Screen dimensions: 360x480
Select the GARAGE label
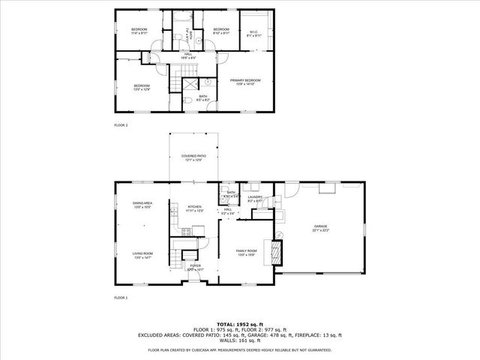pos(321,227)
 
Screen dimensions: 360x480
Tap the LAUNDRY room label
pos(256,199)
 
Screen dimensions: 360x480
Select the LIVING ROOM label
pos(142,256)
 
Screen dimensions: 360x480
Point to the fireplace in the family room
pos(277,250)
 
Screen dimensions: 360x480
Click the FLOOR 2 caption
pos(121,124)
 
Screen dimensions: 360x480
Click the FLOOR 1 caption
pos(121,298)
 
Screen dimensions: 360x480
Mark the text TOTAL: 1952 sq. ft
pos(239,323)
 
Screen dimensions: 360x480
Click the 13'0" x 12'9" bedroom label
pos(142,88)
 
